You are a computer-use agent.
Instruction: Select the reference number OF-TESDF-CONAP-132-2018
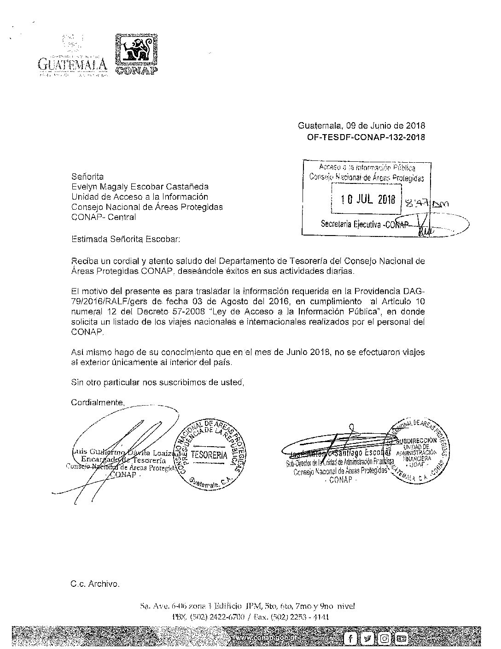(366, 136)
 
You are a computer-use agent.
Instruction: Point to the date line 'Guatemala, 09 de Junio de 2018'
(361, 126)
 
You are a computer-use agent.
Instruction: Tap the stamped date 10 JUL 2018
(368, 200)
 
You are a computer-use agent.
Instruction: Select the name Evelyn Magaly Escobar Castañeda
(140, 187)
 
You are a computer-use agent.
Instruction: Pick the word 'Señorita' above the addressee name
(87, 177)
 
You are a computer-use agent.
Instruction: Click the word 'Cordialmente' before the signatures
(98, 402)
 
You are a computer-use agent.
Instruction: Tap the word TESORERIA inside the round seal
(209, 455)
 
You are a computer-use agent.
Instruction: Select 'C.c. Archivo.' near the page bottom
(95, 584)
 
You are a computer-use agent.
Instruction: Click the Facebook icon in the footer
(351, 638)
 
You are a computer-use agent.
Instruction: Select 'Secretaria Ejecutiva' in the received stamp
(352, 224)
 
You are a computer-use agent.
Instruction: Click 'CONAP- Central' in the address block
(104, 217)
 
